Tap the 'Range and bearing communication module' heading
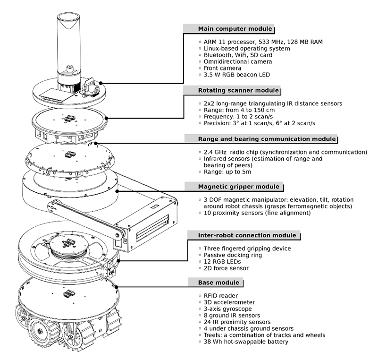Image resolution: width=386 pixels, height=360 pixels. click(x=260, y=139)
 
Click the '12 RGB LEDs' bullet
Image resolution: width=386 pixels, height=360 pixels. click(x=222, y=262)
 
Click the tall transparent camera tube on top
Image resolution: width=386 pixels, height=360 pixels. click(x=67, y=43)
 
